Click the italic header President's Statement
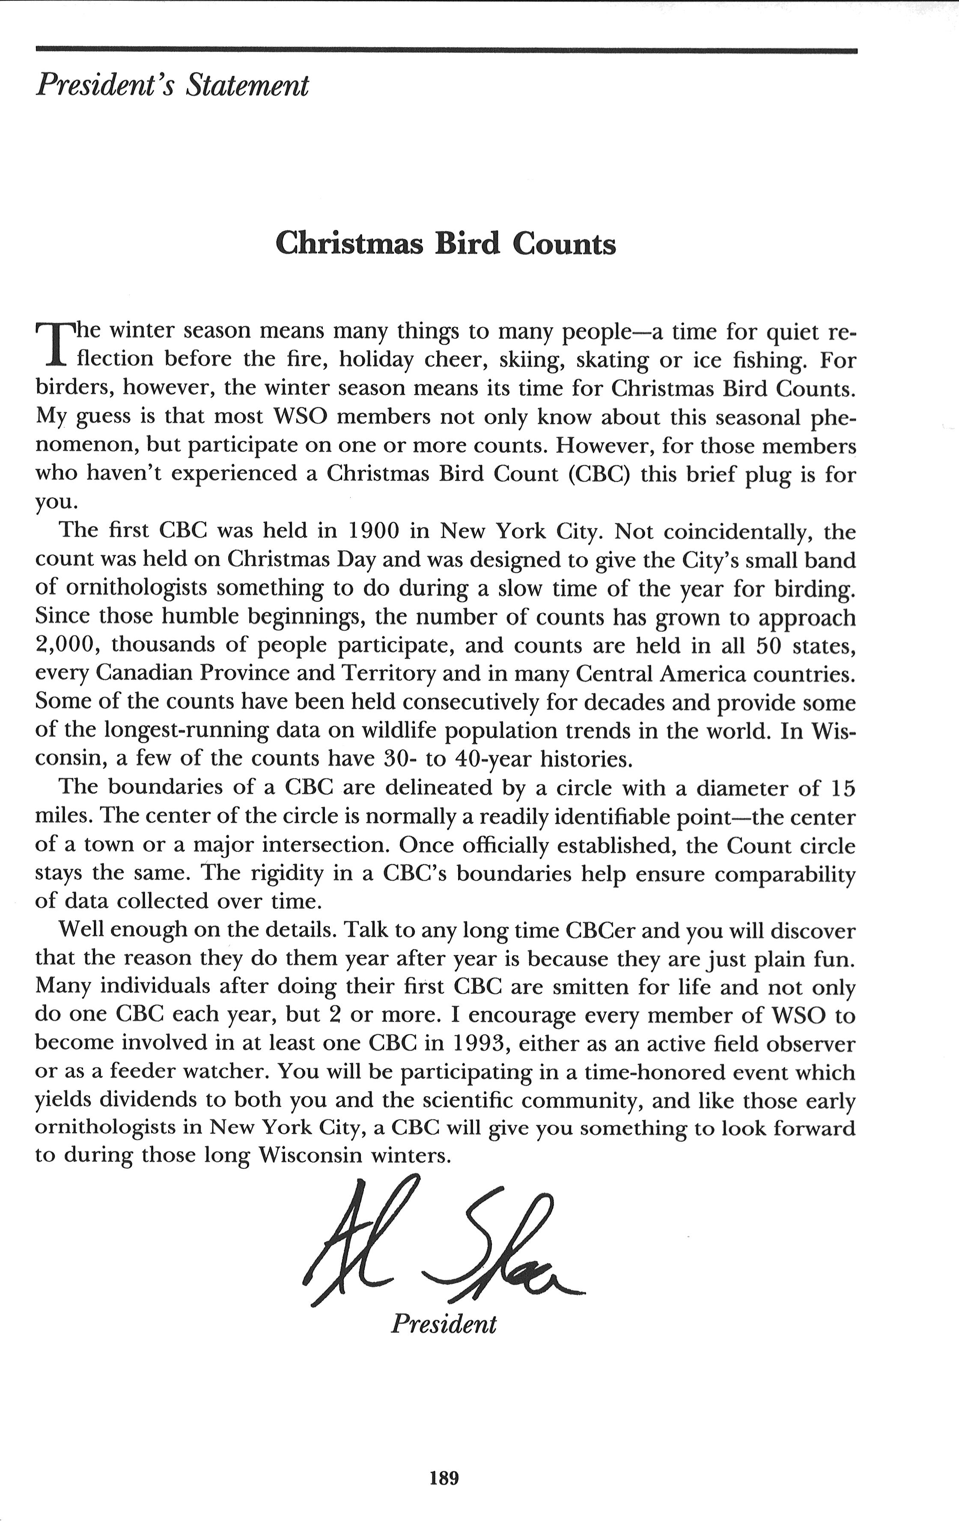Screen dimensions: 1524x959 [x=172, y=85]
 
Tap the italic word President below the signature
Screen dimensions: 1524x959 [x=444, y=1323]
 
